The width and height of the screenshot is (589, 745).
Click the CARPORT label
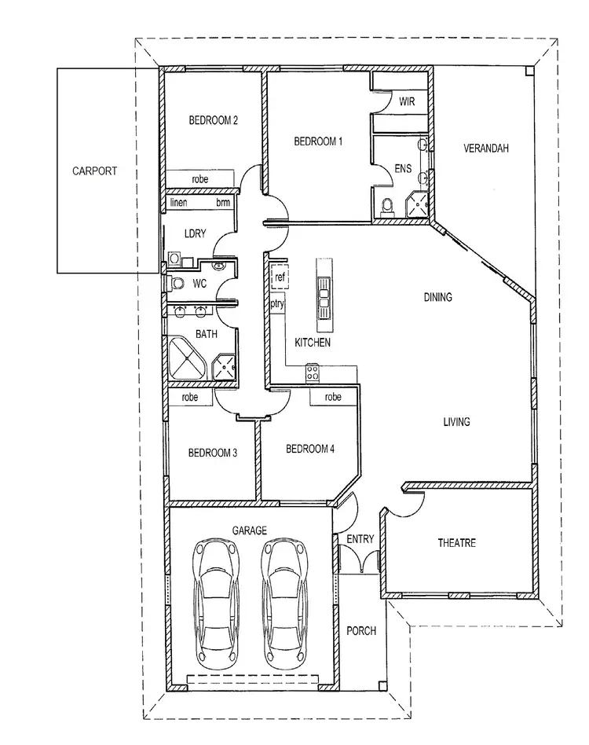94,171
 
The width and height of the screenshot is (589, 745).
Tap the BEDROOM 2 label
213,120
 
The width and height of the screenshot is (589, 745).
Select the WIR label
407,102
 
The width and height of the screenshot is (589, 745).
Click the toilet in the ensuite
386,207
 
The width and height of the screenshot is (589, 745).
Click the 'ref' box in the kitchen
279,277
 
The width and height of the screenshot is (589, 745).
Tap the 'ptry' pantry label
277,303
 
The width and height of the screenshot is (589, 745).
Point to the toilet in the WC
177,283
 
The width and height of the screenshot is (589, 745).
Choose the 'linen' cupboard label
181,203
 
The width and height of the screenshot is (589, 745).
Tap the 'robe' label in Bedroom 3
190,398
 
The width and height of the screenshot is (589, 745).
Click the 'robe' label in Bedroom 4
333,398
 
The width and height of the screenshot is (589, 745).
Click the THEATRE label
456,543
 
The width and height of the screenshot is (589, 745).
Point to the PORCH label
360,631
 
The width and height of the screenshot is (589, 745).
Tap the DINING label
437,297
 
